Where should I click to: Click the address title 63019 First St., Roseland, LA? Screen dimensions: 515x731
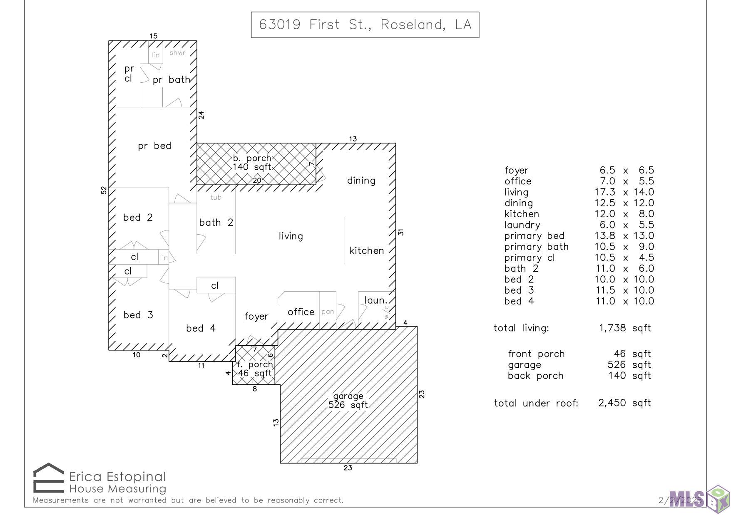[x=365, y=25]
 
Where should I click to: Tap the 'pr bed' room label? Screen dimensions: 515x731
[x=154, y=146]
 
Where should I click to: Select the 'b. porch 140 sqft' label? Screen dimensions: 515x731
[x=252, y=163]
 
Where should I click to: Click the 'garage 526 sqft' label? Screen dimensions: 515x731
[x=348, y=401]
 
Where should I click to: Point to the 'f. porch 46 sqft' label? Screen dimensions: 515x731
[x=255, y=369]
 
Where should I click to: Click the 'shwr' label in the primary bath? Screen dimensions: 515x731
[x=177, y=53]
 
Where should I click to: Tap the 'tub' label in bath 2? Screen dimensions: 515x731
[x=216, y=197]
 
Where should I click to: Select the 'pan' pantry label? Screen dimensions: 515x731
[x=328, y=312]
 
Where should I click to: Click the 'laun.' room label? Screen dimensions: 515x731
[x=376, y=300]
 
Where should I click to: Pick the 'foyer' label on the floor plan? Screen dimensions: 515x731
[x=256, y=317]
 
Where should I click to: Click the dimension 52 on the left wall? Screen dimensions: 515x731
[x=104, y=190]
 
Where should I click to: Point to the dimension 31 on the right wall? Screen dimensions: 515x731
[x=401, y=232]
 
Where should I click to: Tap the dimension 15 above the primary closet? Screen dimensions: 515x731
[x=154, y=36]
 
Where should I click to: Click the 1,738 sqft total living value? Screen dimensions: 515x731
[x=625, y=328]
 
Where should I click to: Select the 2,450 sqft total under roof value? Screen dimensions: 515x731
[x=624, y=403]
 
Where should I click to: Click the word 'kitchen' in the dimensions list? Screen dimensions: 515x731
[x=522, y=214]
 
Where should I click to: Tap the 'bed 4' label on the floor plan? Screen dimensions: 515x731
[x=201, y=328]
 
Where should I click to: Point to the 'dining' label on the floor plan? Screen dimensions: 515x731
[x=361, y=181]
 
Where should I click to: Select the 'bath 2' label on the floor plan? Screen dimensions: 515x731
[x=216, y=223]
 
